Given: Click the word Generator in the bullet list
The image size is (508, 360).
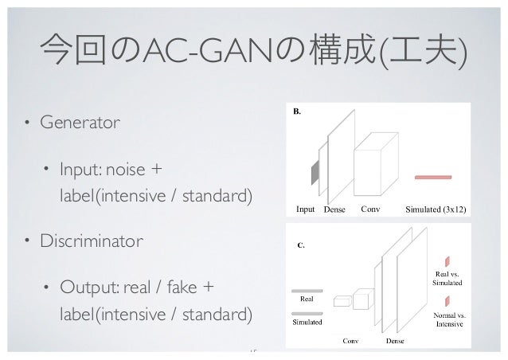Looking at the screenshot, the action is point(80,123).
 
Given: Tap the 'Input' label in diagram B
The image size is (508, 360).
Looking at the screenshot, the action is point(306,210).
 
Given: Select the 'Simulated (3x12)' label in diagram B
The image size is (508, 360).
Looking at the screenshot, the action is point(436,210).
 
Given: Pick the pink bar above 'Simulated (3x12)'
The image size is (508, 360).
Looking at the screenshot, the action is point(434,177).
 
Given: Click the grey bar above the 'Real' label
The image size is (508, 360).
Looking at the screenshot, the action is point(307,291).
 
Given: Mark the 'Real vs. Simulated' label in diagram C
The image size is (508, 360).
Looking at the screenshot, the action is point(446,278).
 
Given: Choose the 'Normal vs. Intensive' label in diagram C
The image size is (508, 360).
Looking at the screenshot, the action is point(449,319).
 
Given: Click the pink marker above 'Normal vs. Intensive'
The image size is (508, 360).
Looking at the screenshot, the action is point(448,300).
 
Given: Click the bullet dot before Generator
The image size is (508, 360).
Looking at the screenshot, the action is point(26,123).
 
